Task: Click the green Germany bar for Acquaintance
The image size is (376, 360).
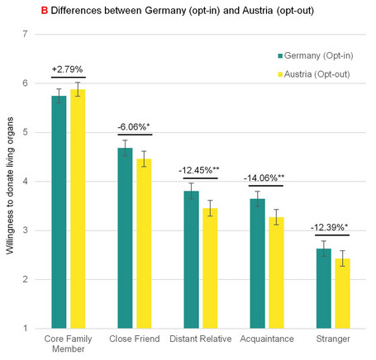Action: tap(257, 263)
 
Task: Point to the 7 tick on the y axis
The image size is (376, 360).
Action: tap(26, 35)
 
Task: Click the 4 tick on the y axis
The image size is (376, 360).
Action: tap(26, 182)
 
